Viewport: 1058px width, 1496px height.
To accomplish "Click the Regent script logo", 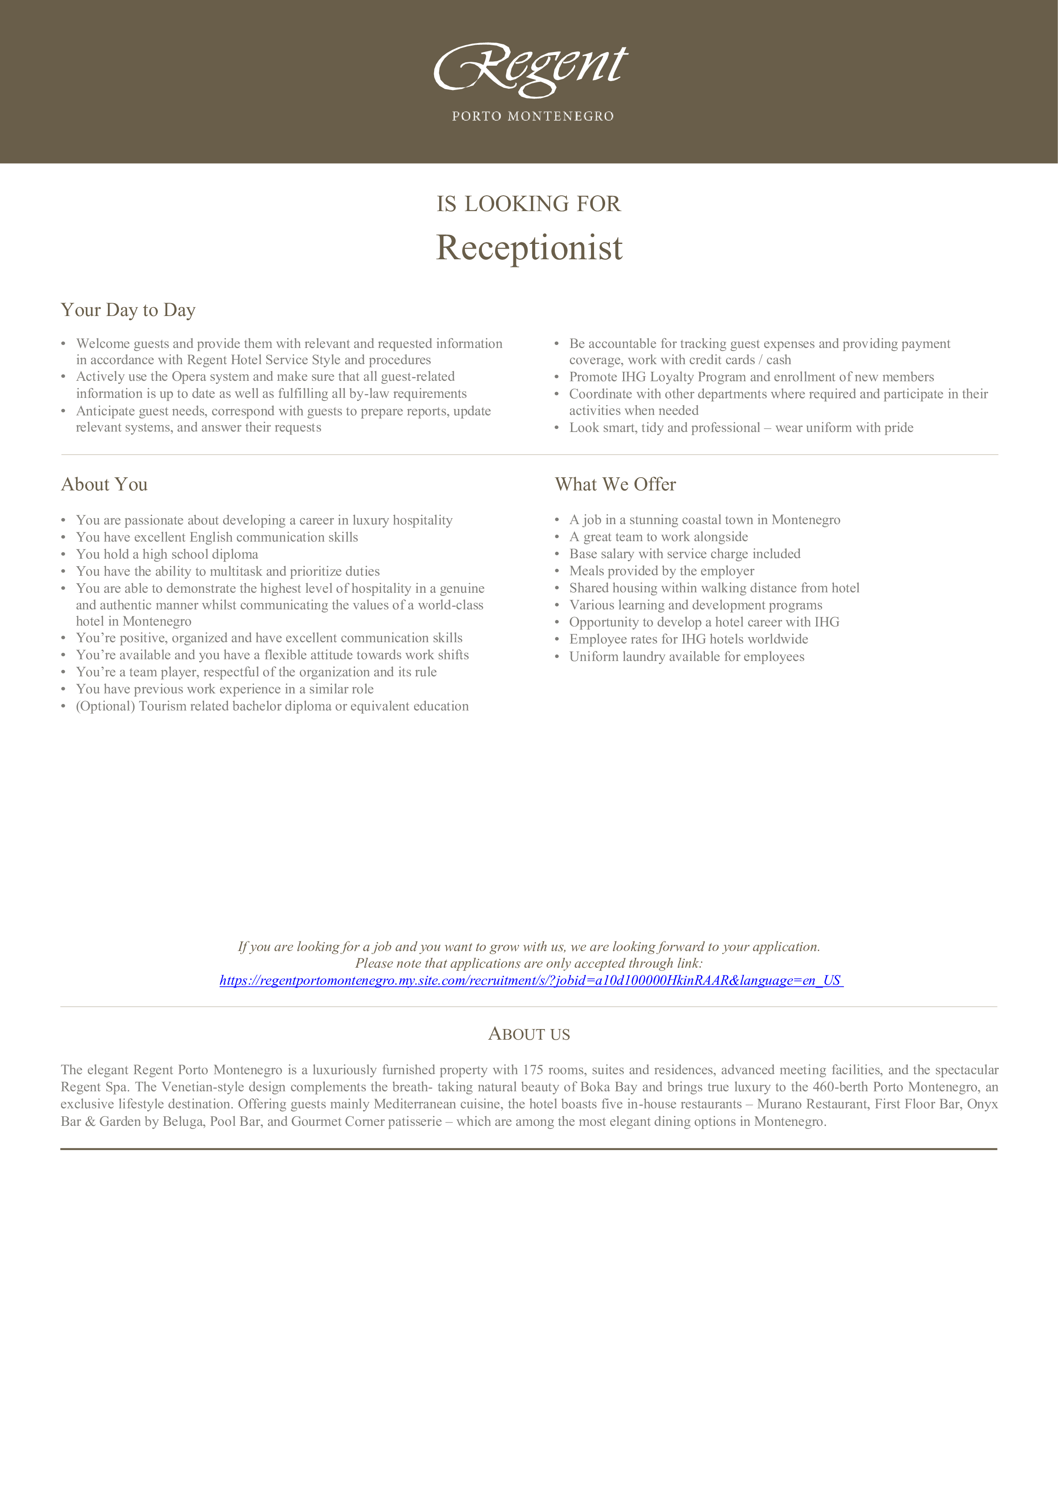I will click(530, 68).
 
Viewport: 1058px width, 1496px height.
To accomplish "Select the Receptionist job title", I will click(529, 248).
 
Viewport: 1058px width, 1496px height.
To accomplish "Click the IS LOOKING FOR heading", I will click(528, 204).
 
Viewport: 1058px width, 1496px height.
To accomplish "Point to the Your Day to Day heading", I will click(128, 310).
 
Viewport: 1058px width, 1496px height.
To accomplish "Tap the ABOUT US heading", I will click(529, 1035).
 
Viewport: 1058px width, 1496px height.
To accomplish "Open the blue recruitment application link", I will click(530, 980).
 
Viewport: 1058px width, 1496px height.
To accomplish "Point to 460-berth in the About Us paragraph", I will click(841, 1087).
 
